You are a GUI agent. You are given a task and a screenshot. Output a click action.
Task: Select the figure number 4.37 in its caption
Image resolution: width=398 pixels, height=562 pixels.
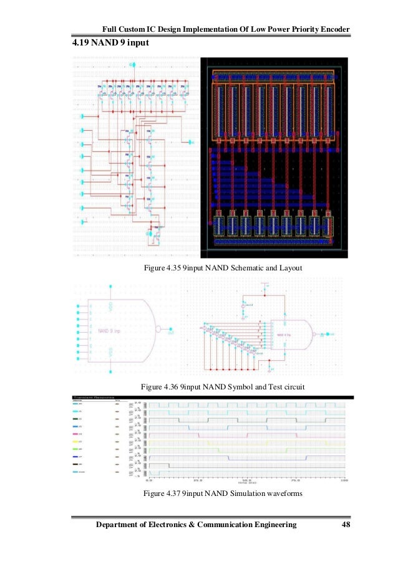pyautogui.click(x=172, y=493)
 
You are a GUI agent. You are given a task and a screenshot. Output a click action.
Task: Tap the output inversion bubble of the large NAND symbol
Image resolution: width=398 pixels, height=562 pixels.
pyautogui.click(x=160, y=330)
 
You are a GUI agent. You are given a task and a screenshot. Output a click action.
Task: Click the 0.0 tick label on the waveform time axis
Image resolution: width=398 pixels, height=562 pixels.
pyautogui.click(x=148, y=481)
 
